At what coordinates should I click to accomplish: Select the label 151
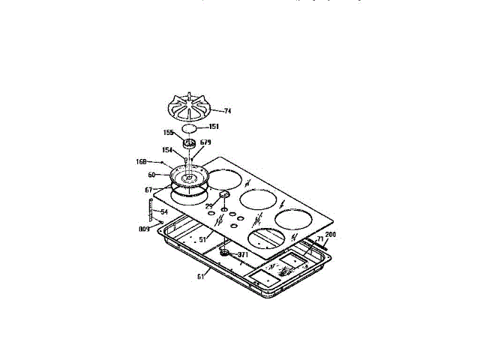pos(214,127)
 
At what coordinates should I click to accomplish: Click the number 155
pos(169,132)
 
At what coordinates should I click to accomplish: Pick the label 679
pos(205,142)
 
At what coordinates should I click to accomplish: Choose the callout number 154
pos(167,150)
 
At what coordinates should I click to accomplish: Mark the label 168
pos(140,161)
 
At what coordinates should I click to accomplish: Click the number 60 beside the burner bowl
pos(151,174)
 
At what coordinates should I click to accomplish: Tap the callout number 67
pos(149,190)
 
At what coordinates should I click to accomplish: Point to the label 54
pos(164,212)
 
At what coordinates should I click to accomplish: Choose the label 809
pos(144,228)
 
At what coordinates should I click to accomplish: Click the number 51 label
pos(202,238)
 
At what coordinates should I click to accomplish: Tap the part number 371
pos(242,255)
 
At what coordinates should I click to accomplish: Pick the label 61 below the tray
pos(200,277)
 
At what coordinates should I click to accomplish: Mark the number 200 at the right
pos(331,235)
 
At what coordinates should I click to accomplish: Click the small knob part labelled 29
pos(224,196)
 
